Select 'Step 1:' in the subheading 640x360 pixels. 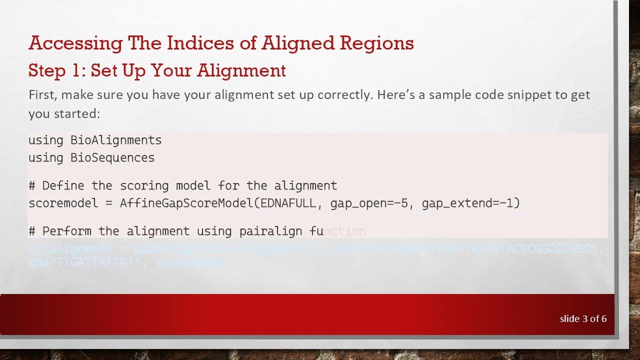pyautogui.click(x=57, y=71)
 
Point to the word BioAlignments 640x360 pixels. pyautogui.click(x=115, y=140)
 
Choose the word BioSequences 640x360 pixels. pyautogui.click(x=112, y=157)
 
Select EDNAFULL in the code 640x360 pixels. pyautogui.click(x=288, y=203)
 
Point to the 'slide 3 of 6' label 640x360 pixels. pyautogui.click(x=583, y=319)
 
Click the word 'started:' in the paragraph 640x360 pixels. pyautogui.click(x=77, y=114)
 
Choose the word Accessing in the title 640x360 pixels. pyautogui.click(x=75, y=43)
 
